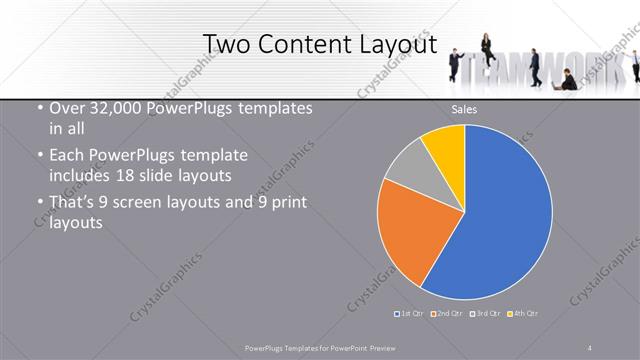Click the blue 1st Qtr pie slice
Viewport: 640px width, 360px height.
pos(500,220)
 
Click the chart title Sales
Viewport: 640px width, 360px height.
pos(464,109)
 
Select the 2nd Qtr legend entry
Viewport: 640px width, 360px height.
pos(446,314)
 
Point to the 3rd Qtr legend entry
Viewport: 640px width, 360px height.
pos(484,314)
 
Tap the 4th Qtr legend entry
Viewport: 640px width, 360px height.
pos(522,314)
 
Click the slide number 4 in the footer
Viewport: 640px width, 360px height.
pos(590,347)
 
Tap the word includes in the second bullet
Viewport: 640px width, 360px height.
pos(81,174)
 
